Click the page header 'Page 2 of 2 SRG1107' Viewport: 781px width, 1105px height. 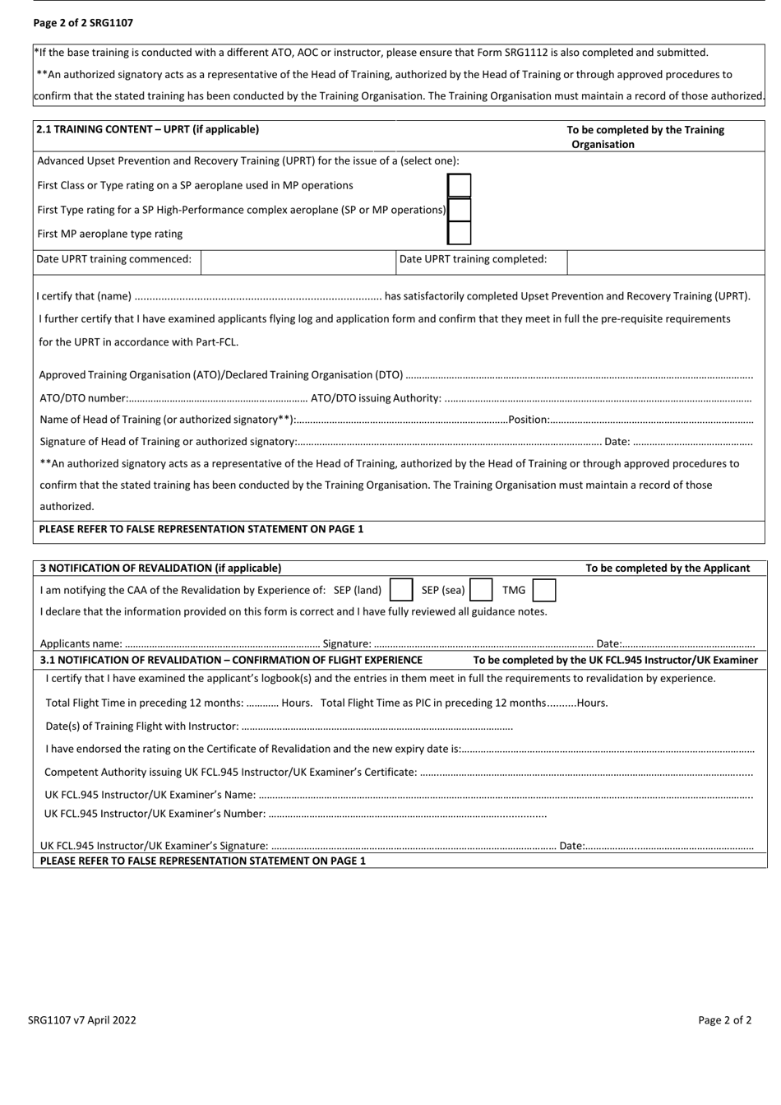[x=83, y=23]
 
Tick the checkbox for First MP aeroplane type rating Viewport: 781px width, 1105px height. [x=459, y=234]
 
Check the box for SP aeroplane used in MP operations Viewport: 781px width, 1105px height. [x=459, y=186]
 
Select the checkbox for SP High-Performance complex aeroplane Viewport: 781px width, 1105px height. [x=459, y=210]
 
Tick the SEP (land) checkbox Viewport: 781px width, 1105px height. [x=401, y=590]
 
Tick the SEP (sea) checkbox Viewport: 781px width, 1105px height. [x=481, y=590]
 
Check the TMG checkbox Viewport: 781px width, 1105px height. [x=543, y=590]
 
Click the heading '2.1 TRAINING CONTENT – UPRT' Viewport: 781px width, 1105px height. [x=148, y=129]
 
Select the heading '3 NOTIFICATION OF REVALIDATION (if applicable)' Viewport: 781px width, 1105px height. [x=160, y=568]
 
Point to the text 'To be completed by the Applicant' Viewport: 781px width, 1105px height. [x=668, y=568]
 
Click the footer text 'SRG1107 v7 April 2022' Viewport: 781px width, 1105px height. [x=82, y=1020]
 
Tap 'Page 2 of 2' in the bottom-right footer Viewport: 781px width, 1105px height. [x=724, y=1020]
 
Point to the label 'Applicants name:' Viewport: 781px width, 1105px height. [x=81, y=643]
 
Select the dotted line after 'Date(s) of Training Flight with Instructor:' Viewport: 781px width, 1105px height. [x=377, y=727]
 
